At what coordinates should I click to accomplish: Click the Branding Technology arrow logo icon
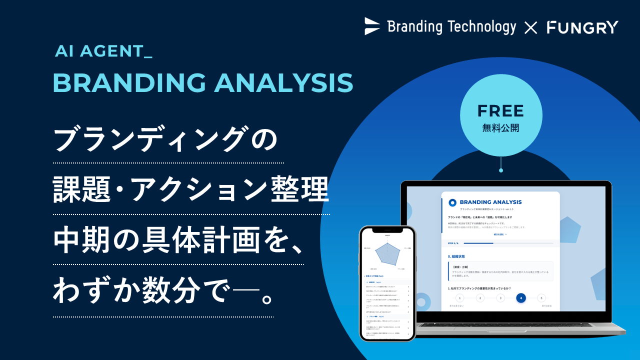pos(372,26)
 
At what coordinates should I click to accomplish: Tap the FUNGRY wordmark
pos(582,27)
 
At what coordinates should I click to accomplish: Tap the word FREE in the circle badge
pos(500,110)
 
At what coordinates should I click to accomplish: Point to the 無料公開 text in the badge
pos(500,128)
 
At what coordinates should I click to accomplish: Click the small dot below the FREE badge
pos(501,170)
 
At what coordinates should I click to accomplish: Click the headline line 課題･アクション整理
pos(191,191)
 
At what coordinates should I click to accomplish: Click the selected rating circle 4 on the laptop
pos(521,298)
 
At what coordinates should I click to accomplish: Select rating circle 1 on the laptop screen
pos(460,298)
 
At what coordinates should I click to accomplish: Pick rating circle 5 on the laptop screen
pos(541,298)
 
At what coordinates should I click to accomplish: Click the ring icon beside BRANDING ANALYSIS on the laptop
pos(452,202)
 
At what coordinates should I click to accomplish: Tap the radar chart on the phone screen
pos(387,252)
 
